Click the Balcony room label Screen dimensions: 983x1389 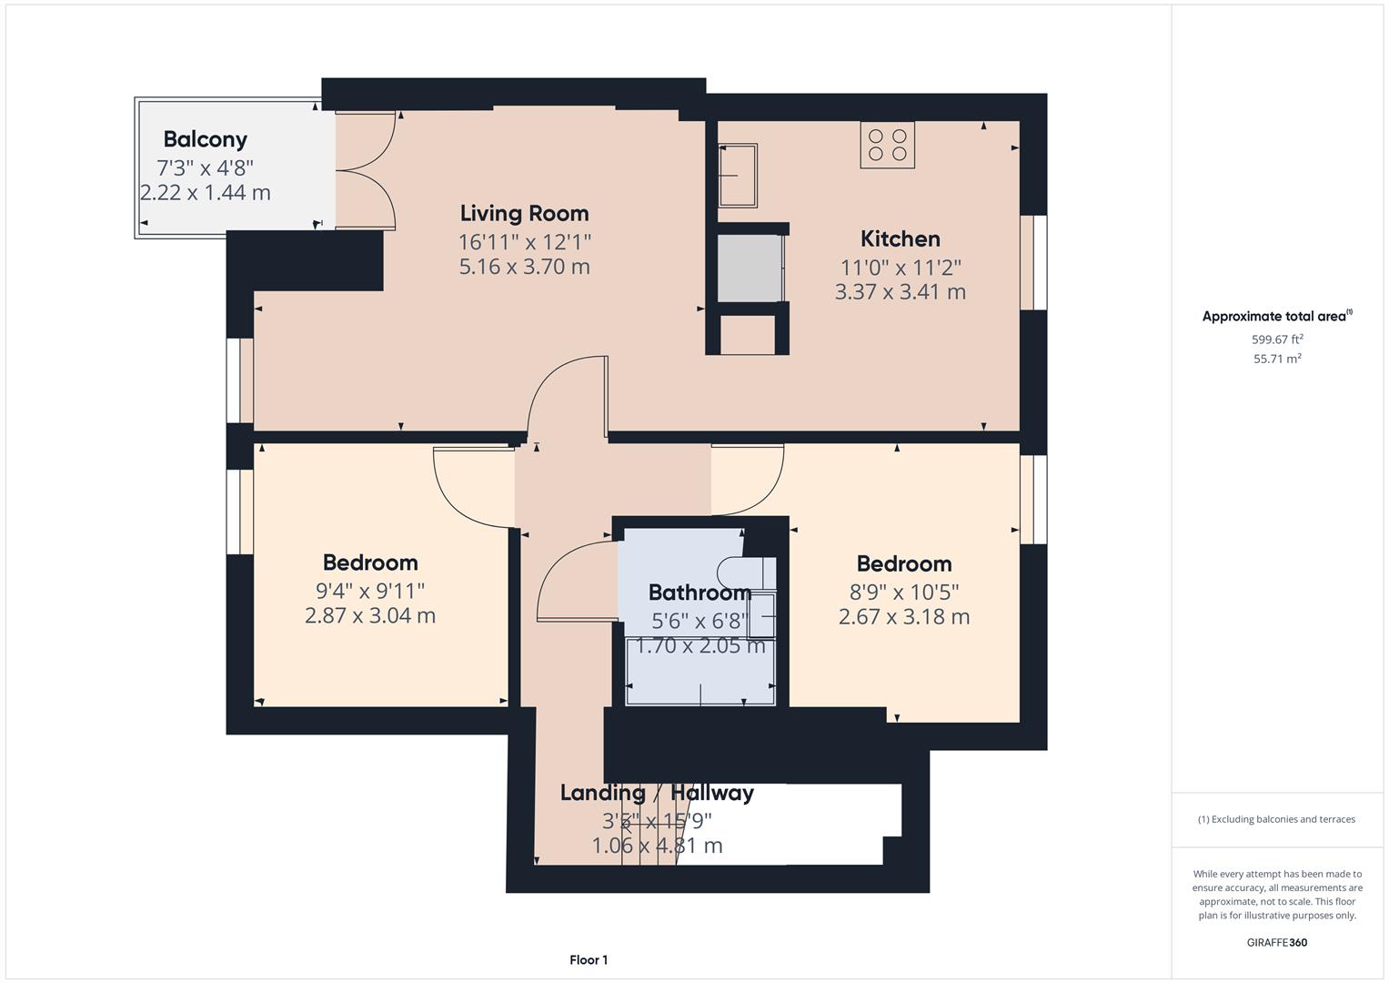(205, 139)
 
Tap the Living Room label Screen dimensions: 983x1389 (524, 213)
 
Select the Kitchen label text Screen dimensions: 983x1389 (900, 238)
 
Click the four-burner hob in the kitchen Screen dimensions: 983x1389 (887, 145)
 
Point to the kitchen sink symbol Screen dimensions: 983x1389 (738, 175)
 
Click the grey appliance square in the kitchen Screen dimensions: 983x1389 (750, 269)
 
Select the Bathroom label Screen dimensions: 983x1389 (699, 593)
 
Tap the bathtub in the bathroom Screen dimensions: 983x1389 (700, 672)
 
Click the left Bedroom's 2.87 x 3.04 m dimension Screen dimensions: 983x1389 (369, 615)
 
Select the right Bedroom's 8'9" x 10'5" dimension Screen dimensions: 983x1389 (903, 592)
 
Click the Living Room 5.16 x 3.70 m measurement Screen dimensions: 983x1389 (524, 267)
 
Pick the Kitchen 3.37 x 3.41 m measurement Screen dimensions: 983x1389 (900, 292)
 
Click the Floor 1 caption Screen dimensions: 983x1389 (589, 959)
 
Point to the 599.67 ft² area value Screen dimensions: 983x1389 (1277, 339)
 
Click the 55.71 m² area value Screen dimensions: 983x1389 (1277, 359)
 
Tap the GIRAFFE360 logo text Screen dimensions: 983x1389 (1277, 942)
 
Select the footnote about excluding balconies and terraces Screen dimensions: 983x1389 (1277, 819)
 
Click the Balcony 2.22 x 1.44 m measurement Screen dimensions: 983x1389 (205, 193)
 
